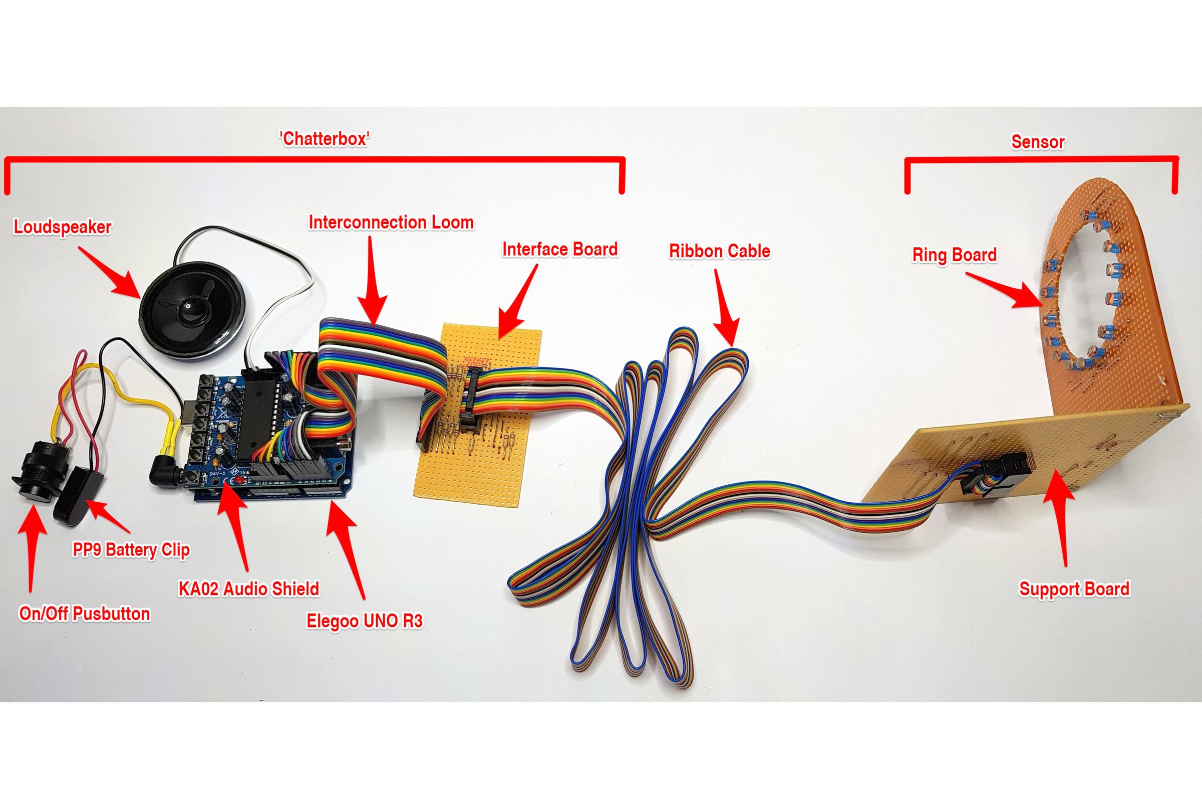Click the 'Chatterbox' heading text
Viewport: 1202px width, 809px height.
coord(325,139)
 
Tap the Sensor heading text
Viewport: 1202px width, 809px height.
coord(1038,142)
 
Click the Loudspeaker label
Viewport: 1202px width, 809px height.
coord(63,227)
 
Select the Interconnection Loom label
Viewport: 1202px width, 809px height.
coord(391,223)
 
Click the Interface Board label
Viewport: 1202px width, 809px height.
coord(559,249)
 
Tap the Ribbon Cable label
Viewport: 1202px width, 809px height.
coord(720,251)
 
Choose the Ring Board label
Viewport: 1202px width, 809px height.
coord(954,255)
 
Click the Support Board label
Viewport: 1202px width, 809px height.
coord(1074,588)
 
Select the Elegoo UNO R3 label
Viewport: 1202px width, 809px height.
coord(365,621)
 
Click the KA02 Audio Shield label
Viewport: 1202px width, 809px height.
coord(248,588)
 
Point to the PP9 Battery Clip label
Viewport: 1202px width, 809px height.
coord(131,550)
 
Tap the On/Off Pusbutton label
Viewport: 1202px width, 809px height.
coord(85,614)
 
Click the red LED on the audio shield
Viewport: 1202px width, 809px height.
coord(241,481)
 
